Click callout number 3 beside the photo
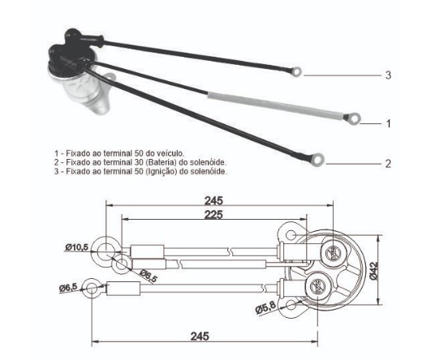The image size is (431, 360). point(388,75)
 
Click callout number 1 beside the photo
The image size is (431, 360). point(388,123)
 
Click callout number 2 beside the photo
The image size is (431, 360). point(388,164)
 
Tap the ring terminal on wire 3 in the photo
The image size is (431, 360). point(296,72)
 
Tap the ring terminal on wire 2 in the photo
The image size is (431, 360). point(318,159)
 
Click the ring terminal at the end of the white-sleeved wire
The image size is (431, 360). point(355,118)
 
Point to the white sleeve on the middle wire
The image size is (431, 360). point(276,106)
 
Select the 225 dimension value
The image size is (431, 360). point(213,215)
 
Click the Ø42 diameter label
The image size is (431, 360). point(374,271)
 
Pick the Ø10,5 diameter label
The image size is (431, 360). point(76,247)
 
